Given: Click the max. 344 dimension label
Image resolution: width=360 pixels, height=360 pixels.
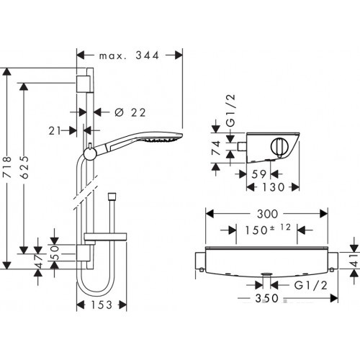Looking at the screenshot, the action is pyautogui.click(x=129, y=55).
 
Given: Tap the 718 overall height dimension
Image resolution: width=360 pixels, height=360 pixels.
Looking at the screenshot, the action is pyautogui.click(x=7, y=167).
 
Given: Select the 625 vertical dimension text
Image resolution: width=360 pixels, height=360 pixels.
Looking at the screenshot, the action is pyautogui.click(x=24, y=167).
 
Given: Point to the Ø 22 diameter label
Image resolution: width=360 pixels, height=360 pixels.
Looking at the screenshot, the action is pyautogui.click(x=130, y=112).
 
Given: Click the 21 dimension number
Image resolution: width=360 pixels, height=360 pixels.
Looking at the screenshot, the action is pyautogui.click(x=55, y=131).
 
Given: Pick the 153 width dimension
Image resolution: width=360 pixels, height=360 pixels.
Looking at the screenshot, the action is pyautogui.click(x=102, y=305).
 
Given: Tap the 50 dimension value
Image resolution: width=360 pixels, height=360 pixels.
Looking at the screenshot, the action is pyautogui.click(x=55, y=253).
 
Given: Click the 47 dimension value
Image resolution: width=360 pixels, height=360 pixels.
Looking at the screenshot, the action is pyautogui.click(x=39, y=261).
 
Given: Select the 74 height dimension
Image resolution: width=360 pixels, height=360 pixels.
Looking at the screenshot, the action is pyautogui.click(x=216, y=148).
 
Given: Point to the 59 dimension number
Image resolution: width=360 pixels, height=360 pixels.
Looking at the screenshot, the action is pyautogui.click(x=258, y=174).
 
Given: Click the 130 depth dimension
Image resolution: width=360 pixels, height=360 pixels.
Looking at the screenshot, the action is pyautogui.click(x=273, y=187).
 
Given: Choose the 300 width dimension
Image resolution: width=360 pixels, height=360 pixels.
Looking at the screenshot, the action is pyautogui.click(x=267, y=214).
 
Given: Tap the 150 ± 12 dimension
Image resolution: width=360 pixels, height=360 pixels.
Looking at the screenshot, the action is pyautogui.click(x=268, y=229).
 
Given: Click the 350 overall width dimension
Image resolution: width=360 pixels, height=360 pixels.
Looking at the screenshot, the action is pyautogui.click(x=266, y=298).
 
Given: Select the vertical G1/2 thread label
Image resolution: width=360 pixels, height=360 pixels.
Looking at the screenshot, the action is pyautogui.click(x=231, y=111).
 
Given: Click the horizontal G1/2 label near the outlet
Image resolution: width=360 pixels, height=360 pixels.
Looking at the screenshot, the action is pyautogui.click(x=310, y=285).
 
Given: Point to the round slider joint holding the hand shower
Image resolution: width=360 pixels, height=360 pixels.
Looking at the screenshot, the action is pyautogui.click(x=90, y=153).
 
